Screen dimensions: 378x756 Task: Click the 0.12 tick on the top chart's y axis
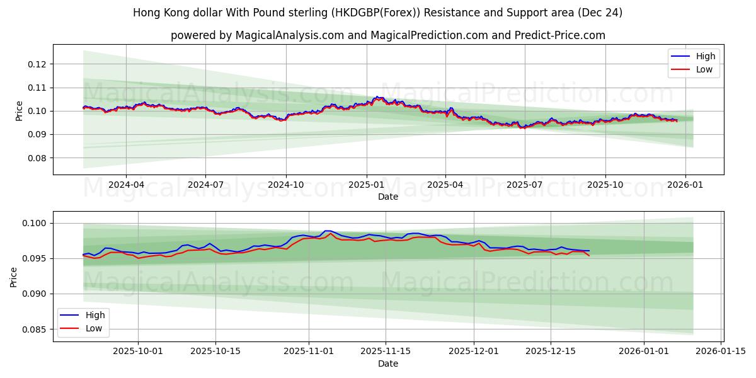(x=37, y=64)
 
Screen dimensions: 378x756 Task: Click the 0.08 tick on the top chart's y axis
(x=37, y=158)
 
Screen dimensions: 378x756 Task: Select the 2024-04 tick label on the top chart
(x=125, y=185)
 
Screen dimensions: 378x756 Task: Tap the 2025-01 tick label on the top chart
(x=366, y=185)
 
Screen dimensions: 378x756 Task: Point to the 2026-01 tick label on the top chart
(x=685, y=185)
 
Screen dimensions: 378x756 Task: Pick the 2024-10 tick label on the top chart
(x=286, y=185)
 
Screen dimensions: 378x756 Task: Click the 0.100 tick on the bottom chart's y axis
(x=35, y=223)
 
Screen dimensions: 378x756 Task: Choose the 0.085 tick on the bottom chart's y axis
(x=35, y=329)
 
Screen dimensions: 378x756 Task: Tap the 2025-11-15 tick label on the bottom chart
(x=385, y=351)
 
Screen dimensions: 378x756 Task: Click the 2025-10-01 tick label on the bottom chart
(x=137, y=351)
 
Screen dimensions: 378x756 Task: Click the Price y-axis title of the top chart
(x=19, y=111)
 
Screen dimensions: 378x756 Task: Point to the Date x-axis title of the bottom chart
(x=388, y=364)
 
